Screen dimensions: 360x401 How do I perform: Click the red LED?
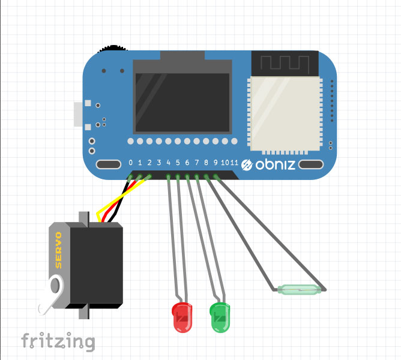[181, 317]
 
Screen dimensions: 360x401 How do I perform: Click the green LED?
[220, 317]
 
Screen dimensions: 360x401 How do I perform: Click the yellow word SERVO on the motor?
[59, 249]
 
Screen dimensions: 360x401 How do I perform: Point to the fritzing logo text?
[58, 341]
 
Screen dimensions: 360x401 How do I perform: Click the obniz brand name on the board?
[276, 164]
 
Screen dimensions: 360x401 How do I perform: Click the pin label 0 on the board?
[131, 163]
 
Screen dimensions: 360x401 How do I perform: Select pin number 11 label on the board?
[234, 163]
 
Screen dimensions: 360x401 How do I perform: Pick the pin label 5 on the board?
[178, 163]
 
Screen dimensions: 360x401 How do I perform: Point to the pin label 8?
[206, 163]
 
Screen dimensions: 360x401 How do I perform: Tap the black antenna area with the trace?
[284, 64]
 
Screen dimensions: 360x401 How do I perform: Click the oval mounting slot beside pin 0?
[108, 164]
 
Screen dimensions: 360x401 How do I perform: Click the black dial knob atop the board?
[113, 47]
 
